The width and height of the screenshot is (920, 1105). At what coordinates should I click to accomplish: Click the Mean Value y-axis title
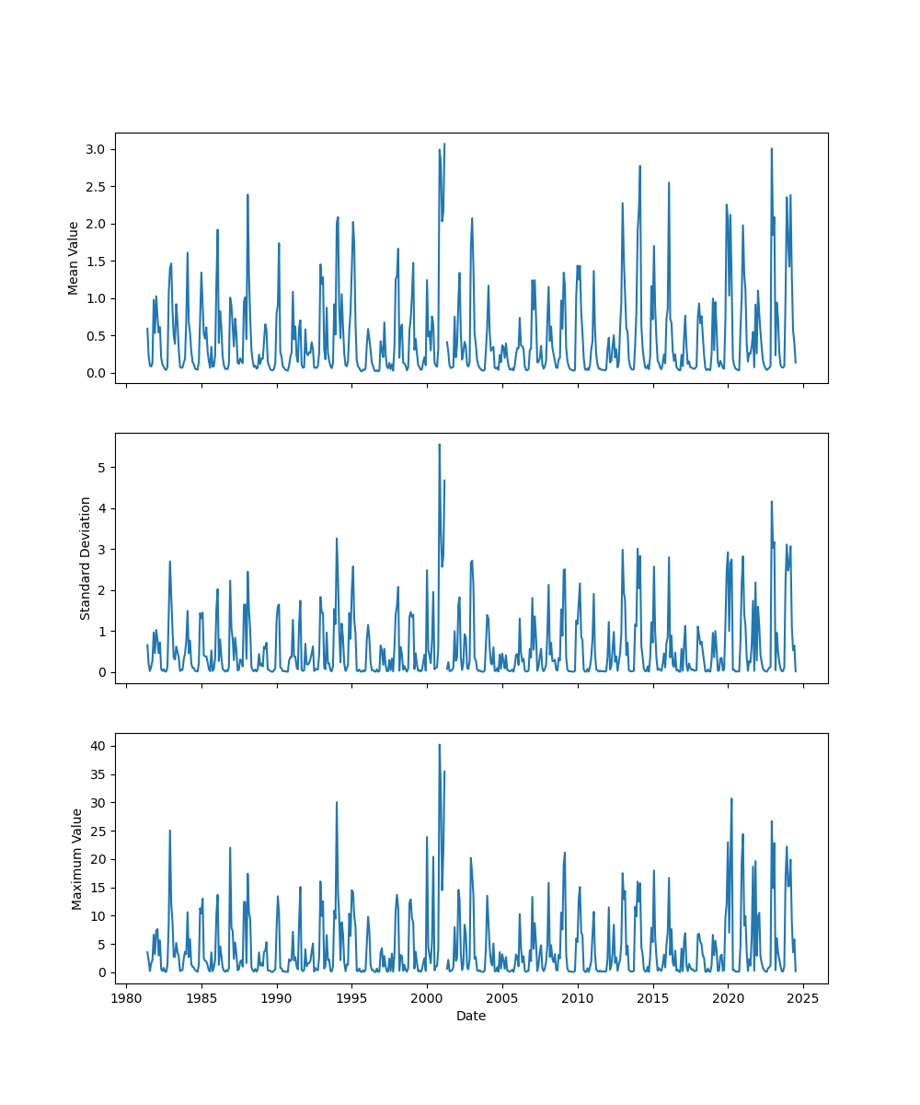[x=74, y=258]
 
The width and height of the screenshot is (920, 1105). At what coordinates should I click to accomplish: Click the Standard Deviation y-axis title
[x=86, y=558]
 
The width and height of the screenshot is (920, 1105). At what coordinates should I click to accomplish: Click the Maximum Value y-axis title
[x=77, y=858]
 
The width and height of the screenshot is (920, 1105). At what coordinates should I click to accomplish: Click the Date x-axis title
[x=471, y=1016]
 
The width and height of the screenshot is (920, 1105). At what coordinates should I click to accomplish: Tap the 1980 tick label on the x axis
[x=127, y=998]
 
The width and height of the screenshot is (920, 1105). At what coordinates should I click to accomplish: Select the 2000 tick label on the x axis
[x=427, y=998]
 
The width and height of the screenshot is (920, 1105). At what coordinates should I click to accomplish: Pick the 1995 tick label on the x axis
[x=351, y=998]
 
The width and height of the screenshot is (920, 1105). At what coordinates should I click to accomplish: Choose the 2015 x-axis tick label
[x=653, y=998]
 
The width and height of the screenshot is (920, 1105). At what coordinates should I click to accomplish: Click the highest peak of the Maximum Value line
[x=439, y=745]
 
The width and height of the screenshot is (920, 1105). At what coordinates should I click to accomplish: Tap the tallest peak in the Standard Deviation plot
[x=439, y=444]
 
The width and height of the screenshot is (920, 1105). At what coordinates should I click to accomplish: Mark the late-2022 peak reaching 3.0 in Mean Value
[x=772, y=148]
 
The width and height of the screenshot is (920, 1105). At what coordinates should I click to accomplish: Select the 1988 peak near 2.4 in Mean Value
[x=247, y=194]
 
